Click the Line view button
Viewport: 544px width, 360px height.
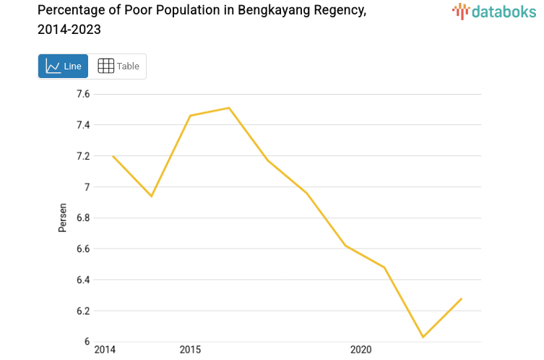pyautogui.click(x=63, y=66)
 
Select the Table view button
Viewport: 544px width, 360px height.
pyautogui.click(x=118, y=66)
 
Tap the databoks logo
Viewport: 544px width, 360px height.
pyautogui.click(x=494, y=12)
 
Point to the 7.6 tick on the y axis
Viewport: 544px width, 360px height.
pyautogui.click(x=83, y=94)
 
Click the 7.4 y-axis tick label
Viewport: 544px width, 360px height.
pyautogui.click(x=83, y=124)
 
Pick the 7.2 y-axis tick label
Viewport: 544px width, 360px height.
pyautogui.click(x=83, y=156)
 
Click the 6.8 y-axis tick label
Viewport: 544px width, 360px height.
pyautogui.click(x=83, y=218)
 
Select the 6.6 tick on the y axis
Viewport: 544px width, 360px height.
pyautogui.click(x=83, y=249)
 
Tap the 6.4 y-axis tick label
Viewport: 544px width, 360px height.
pyautogui.click(x=83, y=280)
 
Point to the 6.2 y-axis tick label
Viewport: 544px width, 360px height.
pyautogui.click(x=83, y=311)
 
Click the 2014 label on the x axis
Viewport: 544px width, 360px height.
pyautogui.click(x=105, y=349)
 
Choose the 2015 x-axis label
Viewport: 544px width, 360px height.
pyautogui.click(x=190, y=349)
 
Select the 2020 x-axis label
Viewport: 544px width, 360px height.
pyautogui.click(x=360, y=349)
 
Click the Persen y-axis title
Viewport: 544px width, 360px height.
pyautogui.click(x=62, y=218)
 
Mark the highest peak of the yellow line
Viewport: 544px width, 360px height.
pyautogui.click(x=229, y=108)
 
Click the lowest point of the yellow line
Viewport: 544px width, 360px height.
pyautogui.click(x=423, y=337)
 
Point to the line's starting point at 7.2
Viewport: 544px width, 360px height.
pyautogui.click(x=113, y=156)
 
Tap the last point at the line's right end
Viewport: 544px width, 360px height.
pyautogui.click(x=462, y=299)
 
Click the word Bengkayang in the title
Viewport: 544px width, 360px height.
pyautogui.click(x=274, y=10)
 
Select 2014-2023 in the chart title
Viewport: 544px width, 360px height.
pyautogui.click(x=69, y=30)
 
